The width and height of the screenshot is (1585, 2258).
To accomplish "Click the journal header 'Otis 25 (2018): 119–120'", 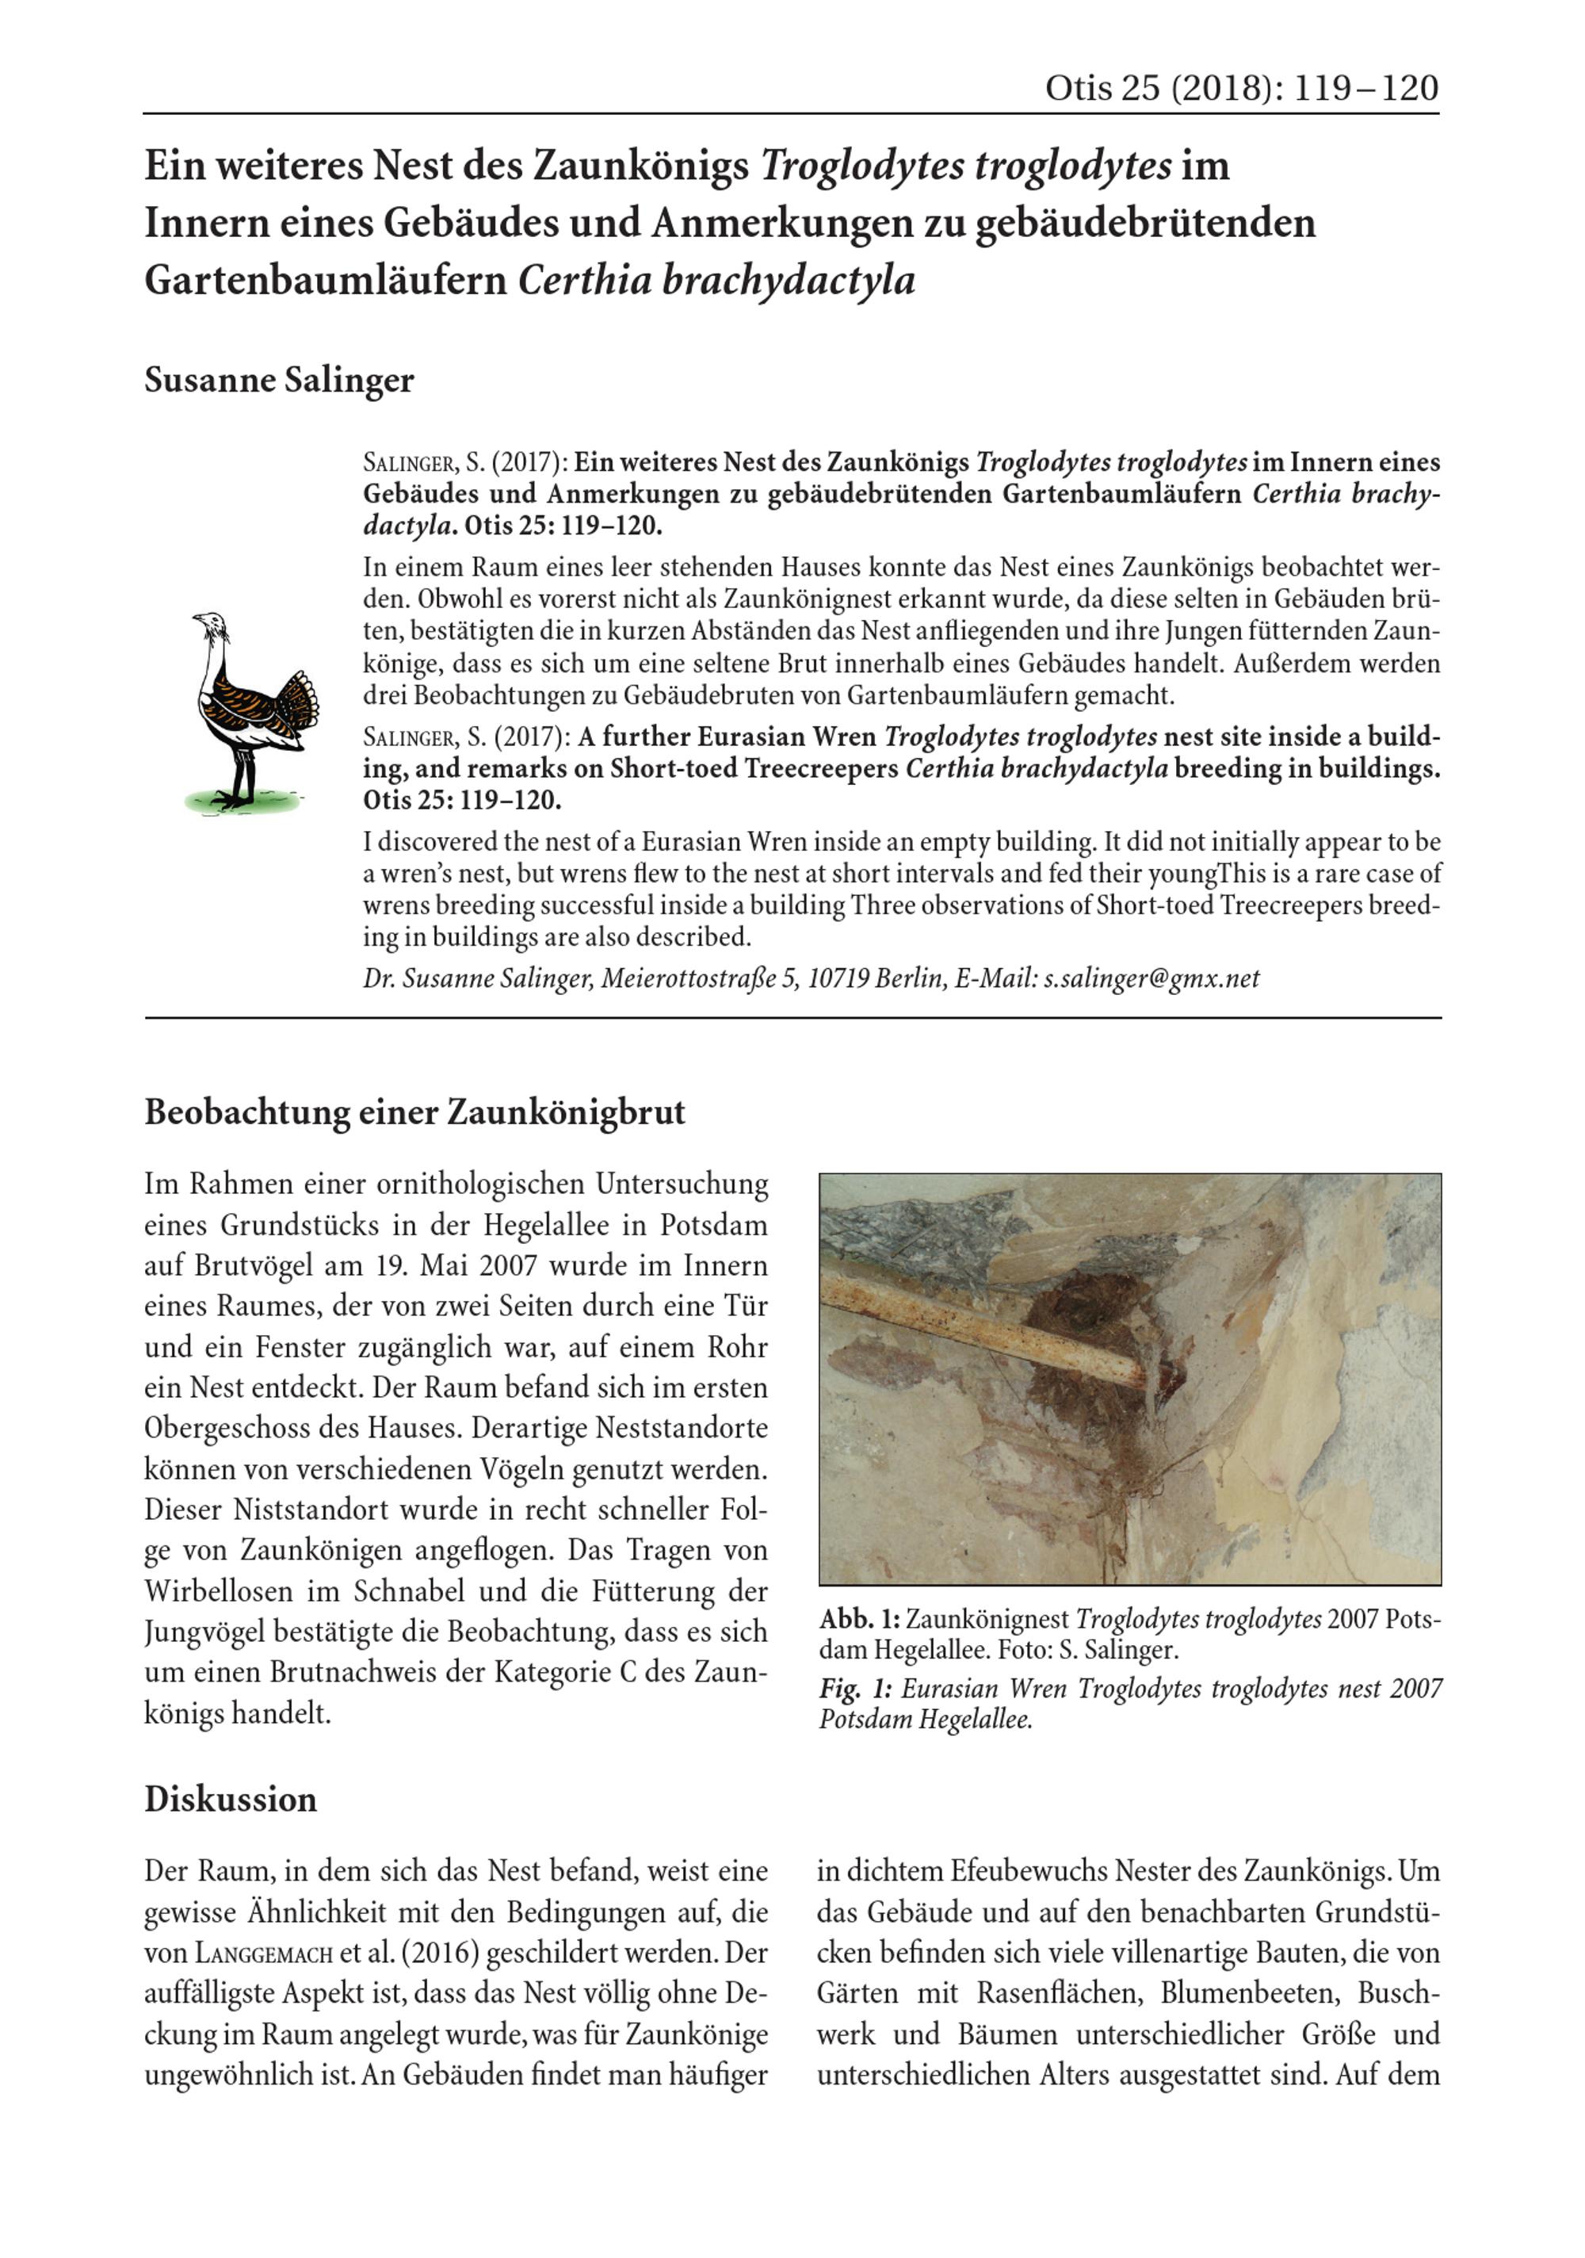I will point(1240,89).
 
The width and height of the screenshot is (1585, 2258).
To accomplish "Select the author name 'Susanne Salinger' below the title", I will point(279,380).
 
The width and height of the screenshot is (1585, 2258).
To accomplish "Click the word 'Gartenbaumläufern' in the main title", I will point(324,281).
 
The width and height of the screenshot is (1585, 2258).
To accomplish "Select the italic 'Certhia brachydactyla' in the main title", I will point(716,281).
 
